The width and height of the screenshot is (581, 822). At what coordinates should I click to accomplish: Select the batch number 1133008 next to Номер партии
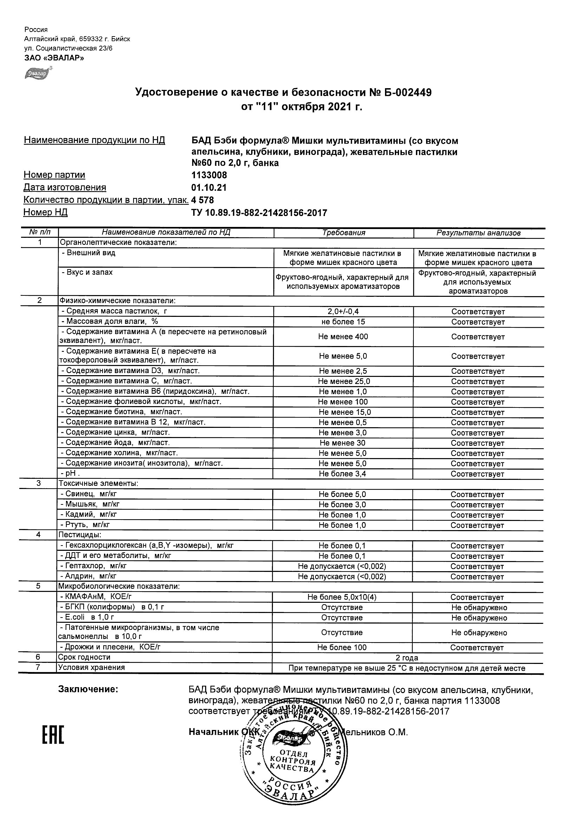pos(209,175)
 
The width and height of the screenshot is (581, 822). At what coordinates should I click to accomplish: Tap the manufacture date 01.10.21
pos(209,188)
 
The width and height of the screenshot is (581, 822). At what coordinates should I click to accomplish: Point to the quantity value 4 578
pos(203,200)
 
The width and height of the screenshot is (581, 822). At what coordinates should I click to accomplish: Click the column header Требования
pos(343,233)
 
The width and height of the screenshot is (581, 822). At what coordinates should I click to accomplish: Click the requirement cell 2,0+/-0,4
pos(343,312)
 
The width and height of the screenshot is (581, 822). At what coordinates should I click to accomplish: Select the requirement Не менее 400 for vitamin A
pos(343,337)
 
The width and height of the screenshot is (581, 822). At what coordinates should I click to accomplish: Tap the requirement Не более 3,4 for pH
pos(342,474)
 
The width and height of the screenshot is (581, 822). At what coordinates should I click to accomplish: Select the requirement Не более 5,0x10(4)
pos(342,597)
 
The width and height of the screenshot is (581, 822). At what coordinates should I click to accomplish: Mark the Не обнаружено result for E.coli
pos(479,618)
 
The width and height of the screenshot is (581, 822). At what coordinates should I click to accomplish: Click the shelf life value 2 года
pos(407,658)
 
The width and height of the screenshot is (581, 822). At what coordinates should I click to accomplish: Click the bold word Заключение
pos(88,689)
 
